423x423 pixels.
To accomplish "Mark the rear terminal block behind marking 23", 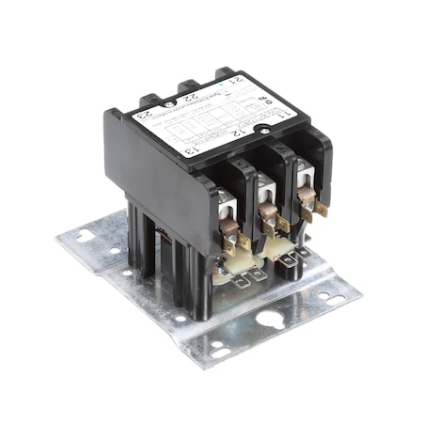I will pyautogui.click(x=149, y=98).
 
